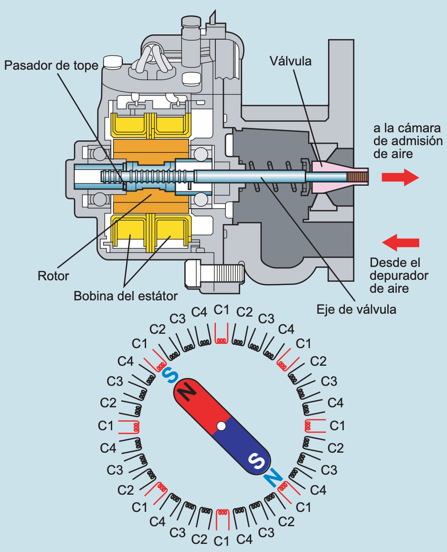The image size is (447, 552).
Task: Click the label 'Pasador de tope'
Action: click(x=51, y=64)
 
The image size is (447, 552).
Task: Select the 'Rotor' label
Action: click(x=53, y=276)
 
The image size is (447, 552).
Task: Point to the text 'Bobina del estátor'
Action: click(x=126, y=296)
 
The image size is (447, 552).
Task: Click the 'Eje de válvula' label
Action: click(x=356, y=309)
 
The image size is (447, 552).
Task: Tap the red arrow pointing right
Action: click(x=400, y=177)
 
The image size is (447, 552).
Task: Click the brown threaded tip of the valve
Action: click(x=358, y=178)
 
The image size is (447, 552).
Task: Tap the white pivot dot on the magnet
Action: click(x=221, y=425)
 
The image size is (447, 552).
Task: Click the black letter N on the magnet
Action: click(x=188, y=393)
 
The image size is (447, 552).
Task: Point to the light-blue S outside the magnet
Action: click(x=168, y=375)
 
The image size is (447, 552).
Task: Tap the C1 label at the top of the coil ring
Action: click(x=222, y=310)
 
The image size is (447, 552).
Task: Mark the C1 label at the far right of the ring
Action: click(x=337, y=425)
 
